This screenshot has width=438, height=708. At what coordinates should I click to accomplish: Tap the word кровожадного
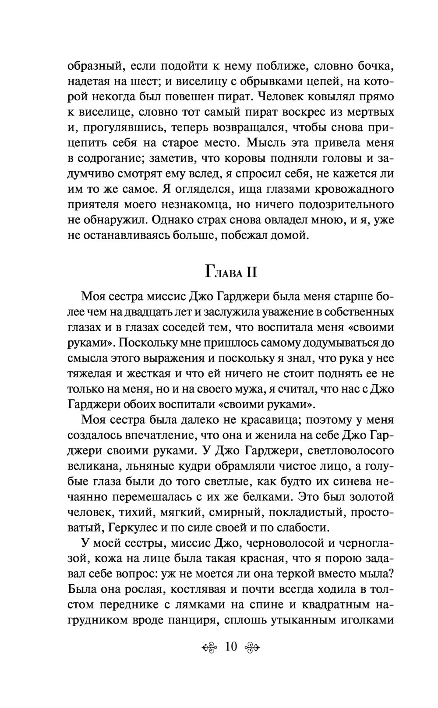[350, 190]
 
